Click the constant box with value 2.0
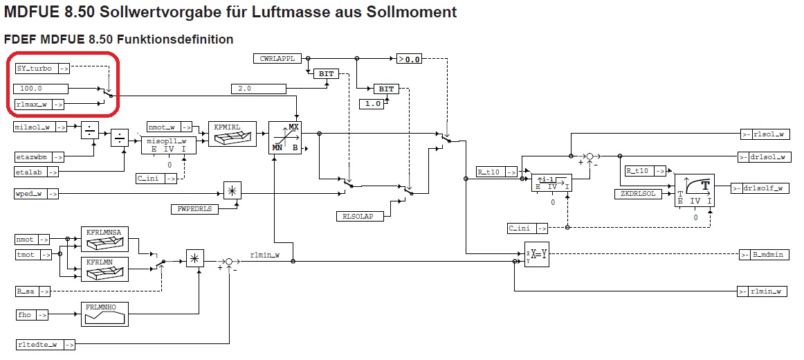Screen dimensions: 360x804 [x=258, y=89]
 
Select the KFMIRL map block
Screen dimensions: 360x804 [x=232, y=134]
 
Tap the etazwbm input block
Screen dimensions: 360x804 [x=39, y=157]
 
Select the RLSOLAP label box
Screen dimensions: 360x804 [x=358, y=217]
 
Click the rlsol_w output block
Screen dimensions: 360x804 [x=764, y=134]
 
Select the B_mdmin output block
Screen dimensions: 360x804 [x=764, y=255]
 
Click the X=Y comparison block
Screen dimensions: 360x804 [x=536, y=255]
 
